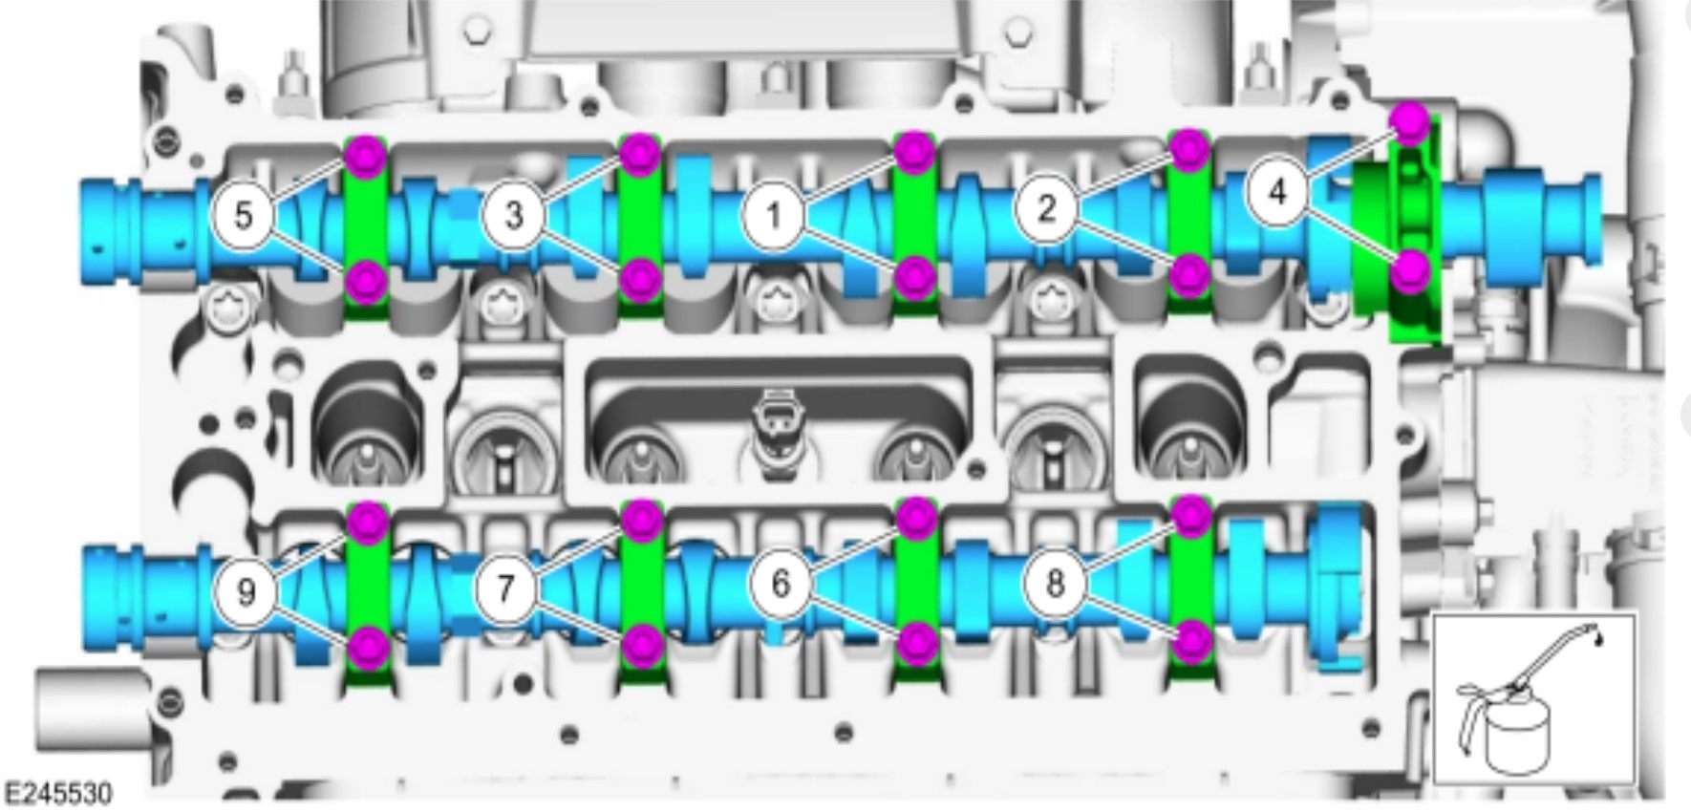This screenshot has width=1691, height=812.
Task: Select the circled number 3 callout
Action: pos(514,215)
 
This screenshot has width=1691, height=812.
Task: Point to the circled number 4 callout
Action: pos(1278,193)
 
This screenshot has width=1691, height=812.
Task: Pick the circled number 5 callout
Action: pos(244,215)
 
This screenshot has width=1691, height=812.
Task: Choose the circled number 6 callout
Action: pos(781,582)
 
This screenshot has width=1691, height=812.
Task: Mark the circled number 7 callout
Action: pos(507,588)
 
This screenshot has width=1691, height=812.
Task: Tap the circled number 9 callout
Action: pos(246,592)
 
